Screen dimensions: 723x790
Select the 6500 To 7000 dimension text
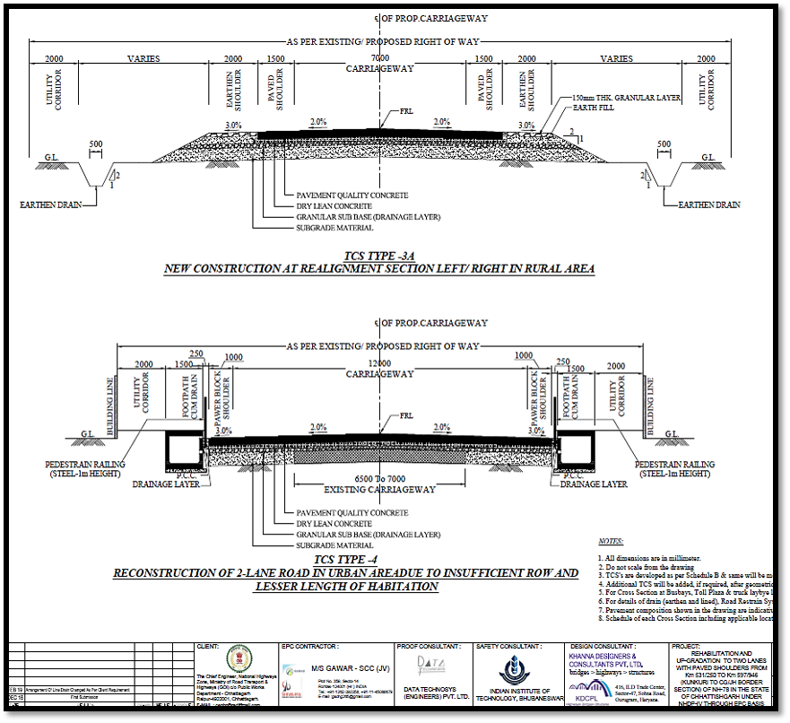[379, 479]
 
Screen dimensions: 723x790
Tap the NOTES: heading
[610, 542]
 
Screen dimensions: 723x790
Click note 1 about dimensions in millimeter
[659, 558]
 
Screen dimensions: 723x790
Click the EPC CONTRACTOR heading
[309, 645]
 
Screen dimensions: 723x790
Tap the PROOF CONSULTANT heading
[428, 645]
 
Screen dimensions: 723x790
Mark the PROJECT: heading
[687, 645]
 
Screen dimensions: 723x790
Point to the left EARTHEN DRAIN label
[50, 205]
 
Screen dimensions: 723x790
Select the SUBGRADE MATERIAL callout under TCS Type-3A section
[334, 227]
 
